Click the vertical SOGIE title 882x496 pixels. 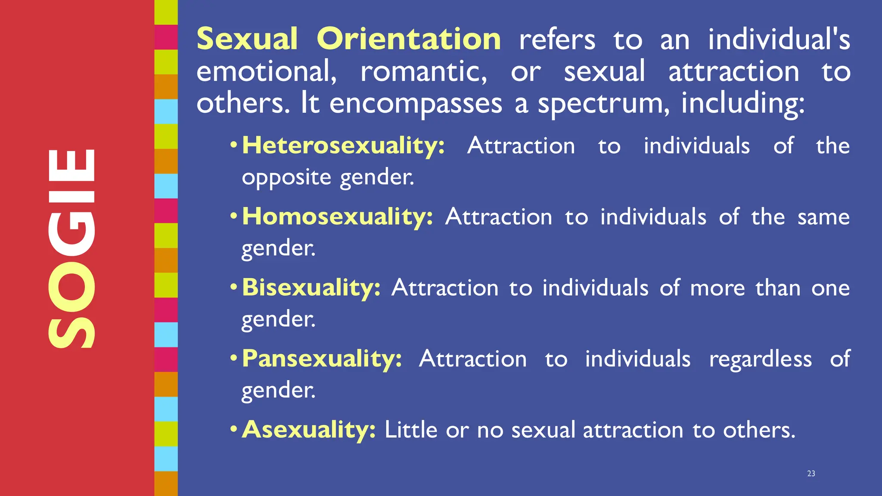71,248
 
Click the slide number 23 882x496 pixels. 811,474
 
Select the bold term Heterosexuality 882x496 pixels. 343,146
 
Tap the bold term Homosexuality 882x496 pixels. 337,217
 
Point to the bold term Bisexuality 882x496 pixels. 311,288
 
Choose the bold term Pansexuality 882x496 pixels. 322,359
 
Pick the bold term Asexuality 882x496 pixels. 308,430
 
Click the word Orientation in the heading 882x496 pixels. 409,39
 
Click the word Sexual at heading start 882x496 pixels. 247,39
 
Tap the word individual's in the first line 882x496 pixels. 779,39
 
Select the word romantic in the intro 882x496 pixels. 424,71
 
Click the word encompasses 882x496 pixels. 416,104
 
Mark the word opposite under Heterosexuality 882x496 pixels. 286,178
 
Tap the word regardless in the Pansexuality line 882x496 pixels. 761,360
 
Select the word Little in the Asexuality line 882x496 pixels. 411,430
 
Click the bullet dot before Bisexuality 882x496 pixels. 233,287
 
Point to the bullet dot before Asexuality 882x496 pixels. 233,429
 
